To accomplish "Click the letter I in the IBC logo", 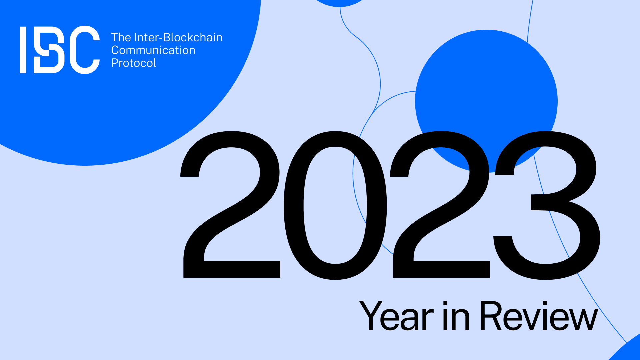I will pyautogui.click(x=23, y=50).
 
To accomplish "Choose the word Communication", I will pyautogui.click(x=153, y=50).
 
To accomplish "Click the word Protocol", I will pyautogui.click(x=134, y=63).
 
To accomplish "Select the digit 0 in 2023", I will pyautogui.click(x=335, y=205).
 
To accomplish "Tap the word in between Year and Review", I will pyautogui.click(x=456, y=316).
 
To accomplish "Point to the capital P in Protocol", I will pyautogui.click(x=115, y=63).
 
